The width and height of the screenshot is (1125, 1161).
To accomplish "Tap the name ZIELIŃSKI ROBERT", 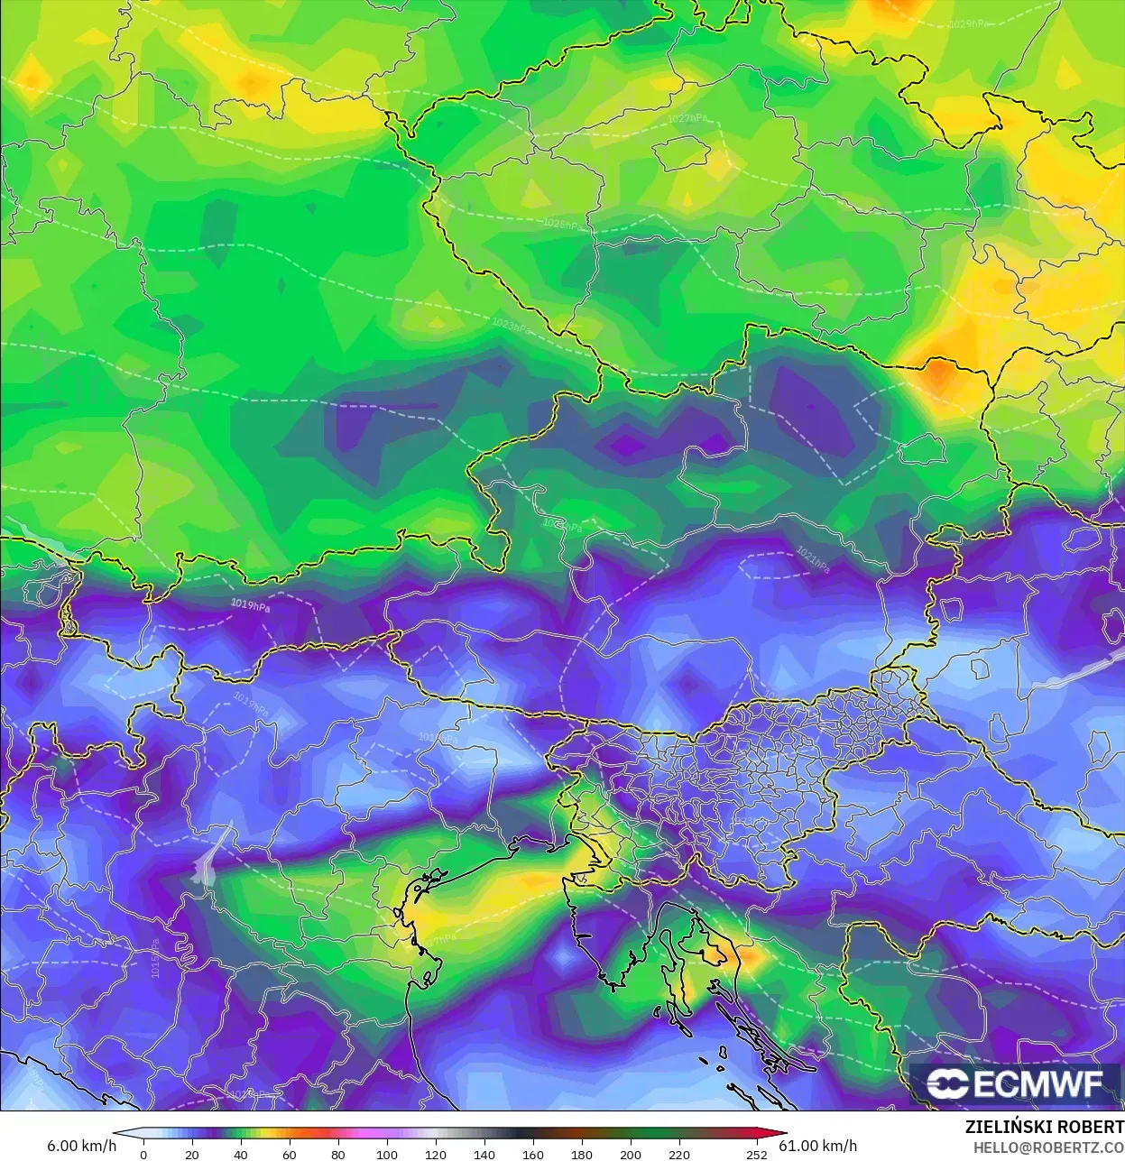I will [1044, 1127].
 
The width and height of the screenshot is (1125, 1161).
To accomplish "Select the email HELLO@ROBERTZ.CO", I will [1048, 1147].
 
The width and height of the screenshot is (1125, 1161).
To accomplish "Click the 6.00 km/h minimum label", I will [81, 1146].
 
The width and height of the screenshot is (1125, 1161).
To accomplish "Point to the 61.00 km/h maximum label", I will [818, 1146].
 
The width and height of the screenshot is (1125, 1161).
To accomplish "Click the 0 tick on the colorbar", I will [143, 1154].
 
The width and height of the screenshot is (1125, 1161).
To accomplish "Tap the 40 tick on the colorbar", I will [241, 1154].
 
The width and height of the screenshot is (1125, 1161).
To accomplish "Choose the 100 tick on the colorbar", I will [387, 1154].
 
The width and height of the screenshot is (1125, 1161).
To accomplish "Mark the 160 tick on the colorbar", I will [533, 1154].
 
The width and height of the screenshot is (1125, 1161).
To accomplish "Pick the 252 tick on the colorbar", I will [757, 1154].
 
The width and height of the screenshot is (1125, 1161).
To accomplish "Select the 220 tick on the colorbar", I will [679, 1154].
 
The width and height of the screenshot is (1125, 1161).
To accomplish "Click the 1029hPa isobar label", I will [967, 24].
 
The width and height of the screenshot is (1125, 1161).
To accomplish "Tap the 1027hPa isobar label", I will [687, 118].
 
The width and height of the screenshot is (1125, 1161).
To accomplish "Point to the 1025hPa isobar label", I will [564, 224].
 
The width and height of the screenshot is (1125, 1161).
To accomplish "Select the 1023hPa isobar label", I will [511, 325].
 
